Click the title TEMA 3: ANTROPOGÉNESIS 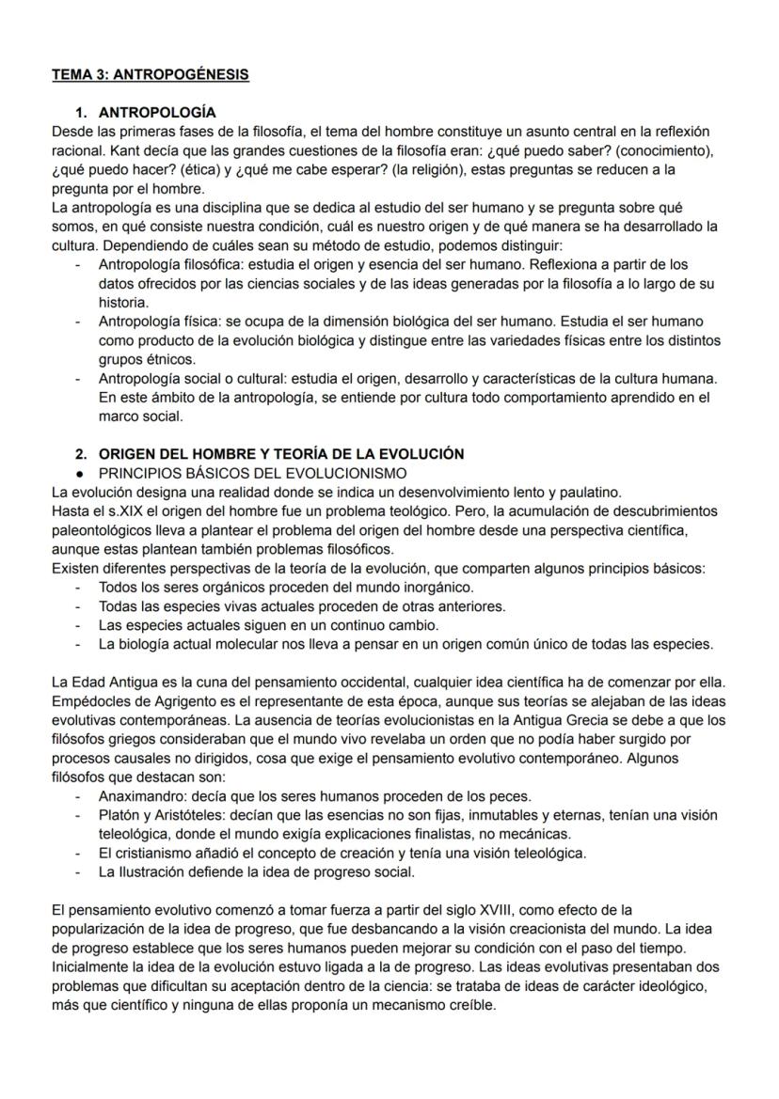[x=151, y=74]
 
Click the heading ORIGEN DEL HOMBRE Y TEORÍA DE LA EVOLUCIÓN [x=281, y=453]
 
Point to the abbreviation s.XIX [x=115, y=510]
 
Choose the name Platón [x=121, y=814]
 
